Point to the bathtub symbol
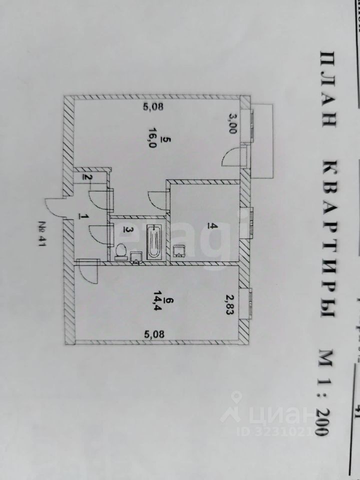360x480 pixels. tap(154, 241)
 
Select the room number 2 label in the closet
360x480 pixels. tap(86, 177)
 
